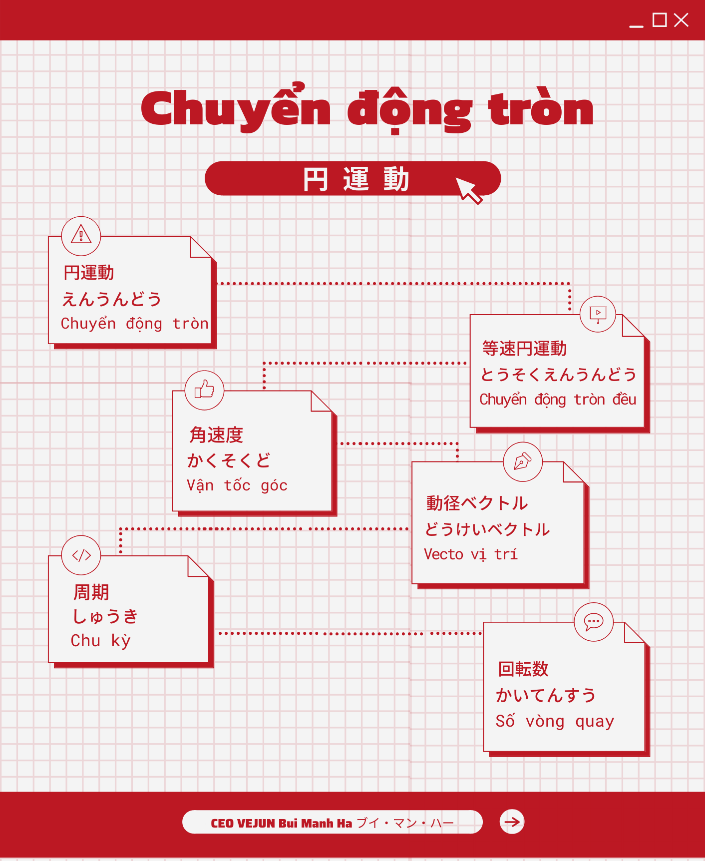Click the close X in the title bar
pos(681,20)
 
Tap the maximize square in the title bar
pos(660,20)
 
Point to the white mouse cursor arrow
pos(468,190)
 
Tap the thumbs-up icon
pos(204,390)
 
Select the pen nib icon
pos(522,461)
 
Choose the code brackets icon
pos(81,555)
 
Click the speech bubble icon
pos(594,622)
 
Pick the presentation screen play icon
pos(598,314)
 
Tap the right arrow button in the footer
pos(512,822)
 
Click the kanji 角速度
pos(216,435)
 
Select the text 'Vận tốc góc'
pos(237,485)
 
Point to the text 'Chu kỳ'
pos(100,641)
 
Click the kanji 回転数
pos(523,669)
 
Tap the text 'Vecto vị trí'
pos(470,554)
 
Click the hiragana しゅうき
pos(105,617)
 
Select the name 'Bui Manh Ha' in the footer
pos(316,824)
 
